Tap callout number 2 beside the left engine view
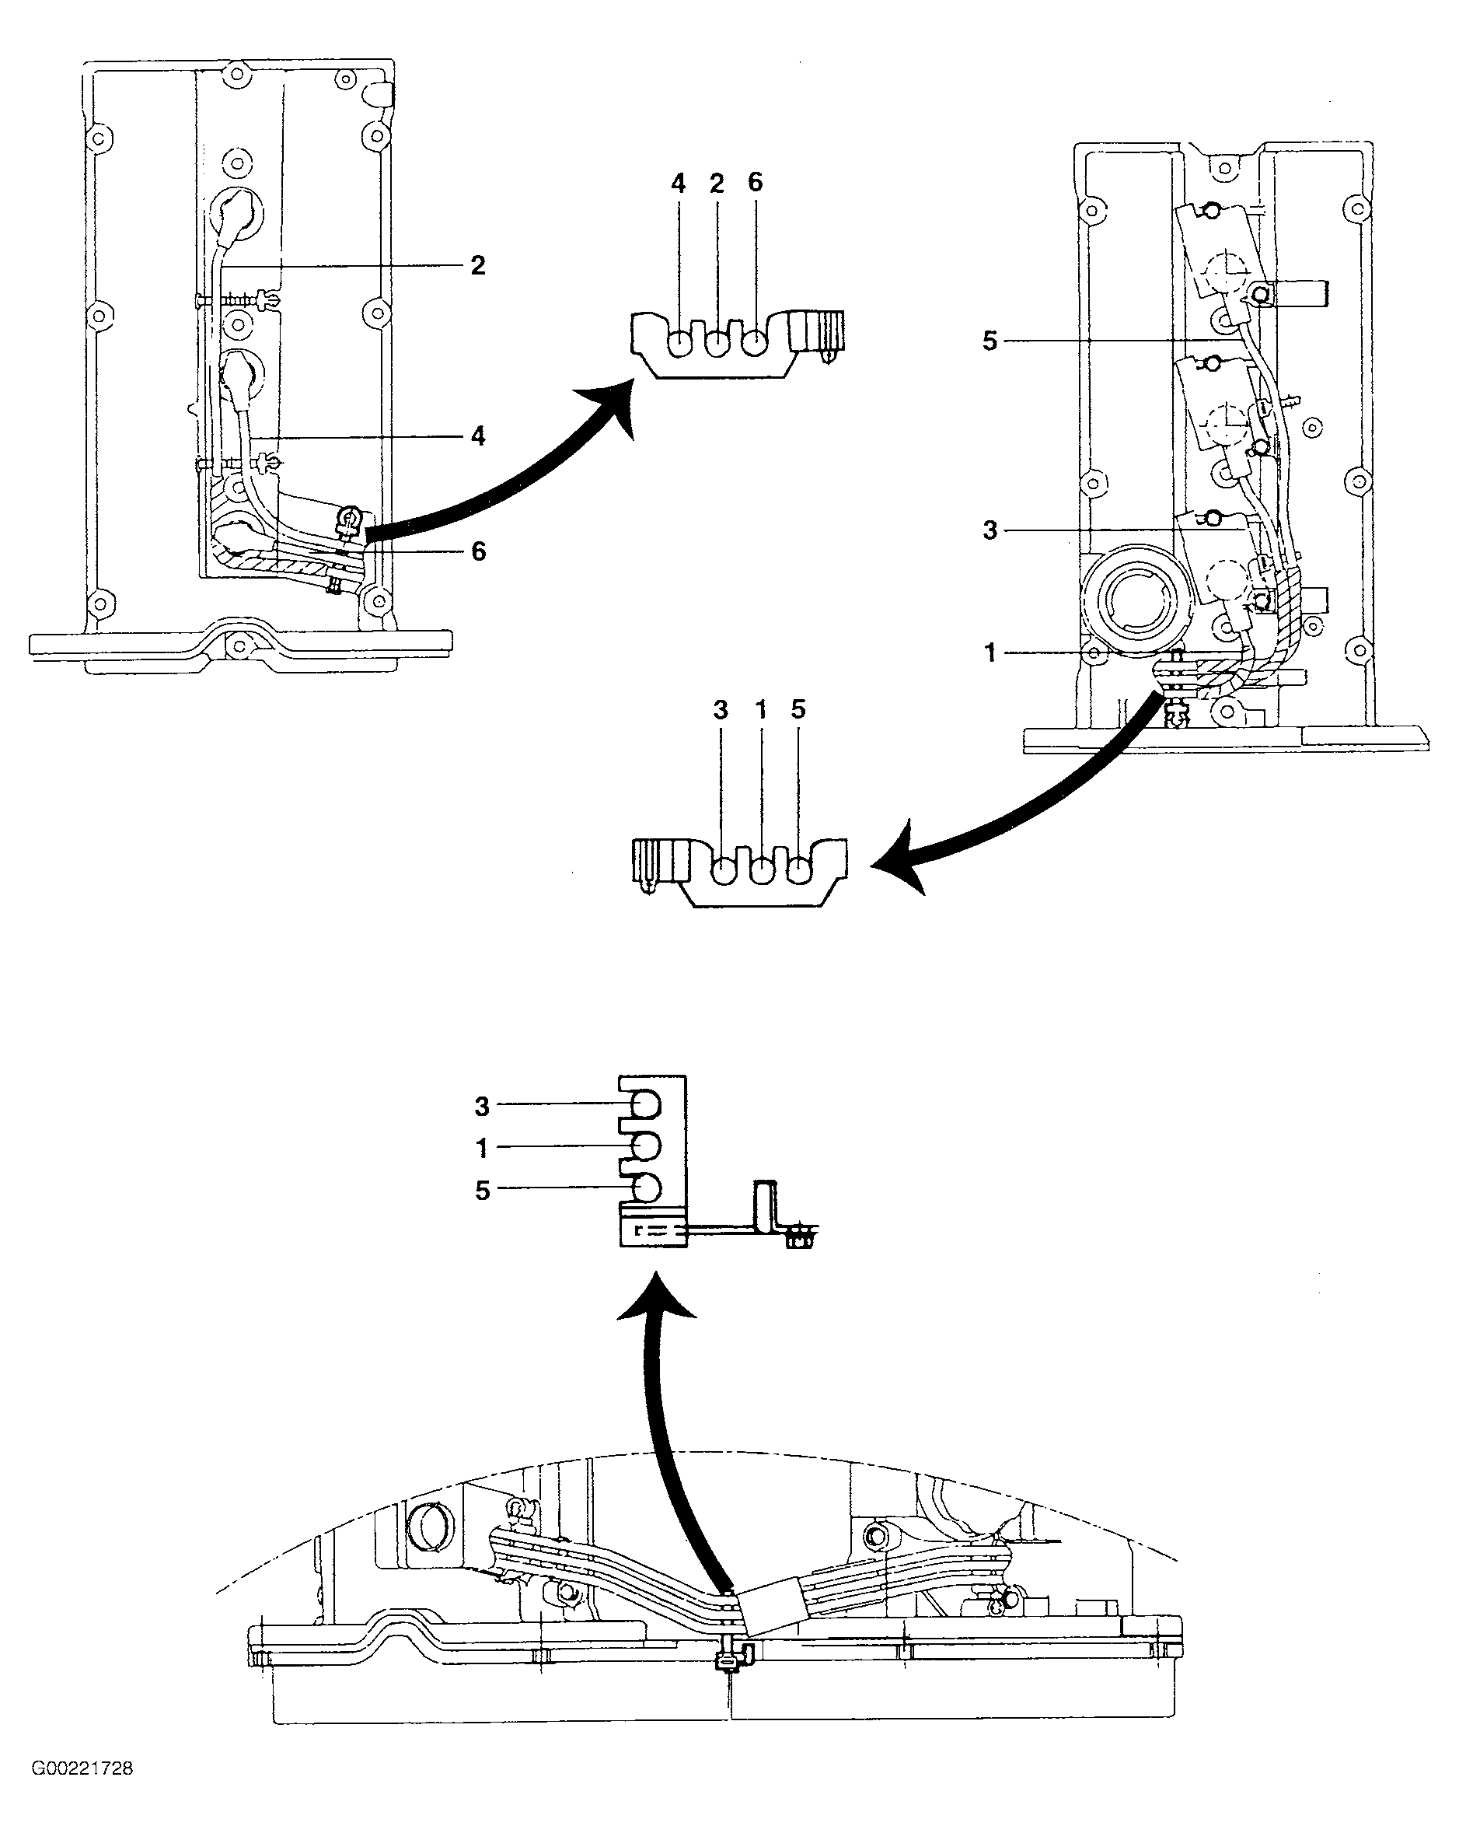coord(477,265)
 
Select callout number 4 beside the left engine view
coord(477,436)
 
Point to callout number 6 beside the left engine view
coord(478,552)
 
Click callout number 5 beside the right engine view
coord(990,341)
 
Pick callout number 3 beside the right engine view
coord(990,530)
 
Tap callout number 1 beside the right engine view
coord(990,653)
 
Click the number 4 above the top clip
coord(678,183)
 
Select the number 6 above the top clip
coord(756,182)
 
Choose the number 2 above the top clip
coord(717,183)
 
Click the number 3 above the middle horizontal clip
coord(721,710)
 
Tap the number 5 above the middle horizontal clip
coord(798,709)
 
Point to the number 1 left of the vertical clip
coord(482,1149)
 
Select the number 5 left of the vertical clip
coord(483,1191)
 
